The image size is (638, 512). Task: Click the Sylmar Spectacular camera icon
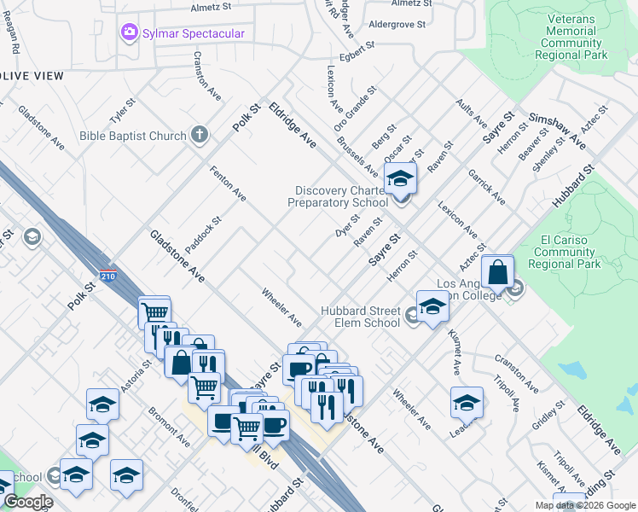pos(129,33)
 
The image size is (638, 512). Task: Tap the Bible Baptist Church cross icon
pos(199,135)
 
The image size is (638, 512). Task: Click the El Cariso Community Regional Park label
pos(566,253)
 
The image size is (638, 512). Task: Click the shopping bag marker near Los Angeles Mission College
pos(497,272)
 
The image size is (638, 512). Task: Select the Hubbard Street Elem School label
pos(360,317)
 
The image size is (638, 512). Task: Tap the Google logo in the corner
pos(27,503)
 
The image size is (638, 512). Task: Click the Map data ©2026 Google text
pos(585,505)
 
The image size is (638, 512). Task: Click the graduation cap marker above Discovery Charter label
pos(398,179)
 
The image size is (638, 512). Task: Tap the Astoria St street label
pos(136,375)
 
